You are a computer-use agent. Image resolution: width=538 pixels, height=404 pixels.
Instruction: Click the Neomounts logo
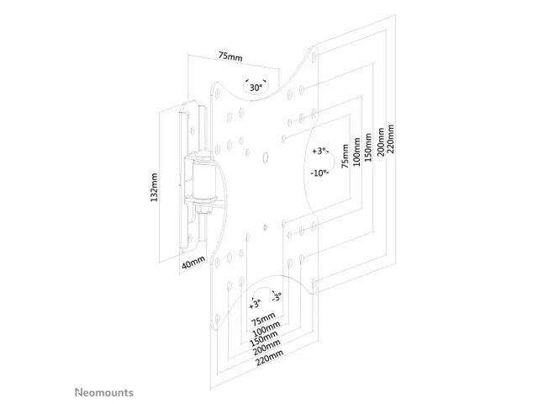tap(104, 392)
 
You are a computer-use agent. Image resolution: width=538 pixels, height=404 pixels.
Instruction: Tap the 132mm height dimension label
tap(154, 187)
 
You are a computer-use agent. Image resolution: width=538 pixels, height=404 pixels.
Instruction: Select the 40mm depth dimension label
tap(193, 263)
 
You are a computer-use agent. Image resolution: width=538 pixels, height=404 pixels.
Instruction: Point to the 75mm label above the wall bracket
tap(230, 56)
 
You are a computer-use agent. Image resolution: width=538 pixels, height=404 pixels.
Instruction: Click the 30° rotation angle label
tap(256, 88)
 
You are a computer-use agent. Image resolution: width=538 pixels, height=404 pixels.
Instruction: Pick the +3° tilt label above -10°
tap(320, 151)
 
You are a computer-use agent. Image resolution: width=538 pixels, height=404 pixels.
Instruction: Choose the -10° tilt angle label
tap(319, 173)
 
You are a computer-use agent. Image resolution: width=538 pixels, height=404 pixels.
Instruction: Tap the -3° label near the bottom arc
tap(277, 297)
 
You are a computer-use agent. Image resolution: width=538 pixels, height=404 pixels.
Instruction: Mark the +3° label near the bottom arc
tap(255, 304)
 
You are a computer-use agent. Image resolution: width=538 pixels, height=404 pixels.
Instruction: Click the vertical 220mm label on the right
tap(390, 139)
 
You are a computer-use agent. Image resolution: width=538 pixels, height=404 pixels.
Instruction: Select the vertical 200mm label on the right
tap(381, 141)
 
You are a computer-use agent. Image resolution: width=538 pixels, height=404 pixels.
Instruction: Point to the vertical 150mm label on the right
tap(368, 147)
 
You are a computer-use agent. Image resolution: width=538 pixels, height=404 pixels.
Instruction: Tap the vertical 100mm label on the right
tap(356, 151)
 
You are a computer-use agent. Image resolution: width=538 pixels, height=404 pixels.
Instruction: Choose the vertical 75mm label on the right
tap(345, 156)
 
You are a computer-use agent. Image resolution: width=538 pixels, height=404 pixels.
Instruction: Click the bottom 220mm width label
tap(269, 357)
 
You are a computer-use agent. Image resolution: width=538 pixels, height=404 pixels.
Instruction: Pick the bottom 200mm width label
tap(266, 347)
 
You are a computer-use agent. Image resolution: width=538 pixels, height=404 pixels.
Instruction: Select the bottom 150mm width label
tap(264, 338)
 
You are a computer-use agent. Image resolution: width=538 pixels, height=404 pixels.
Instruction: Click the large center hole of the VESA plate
tap(265, 157)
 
